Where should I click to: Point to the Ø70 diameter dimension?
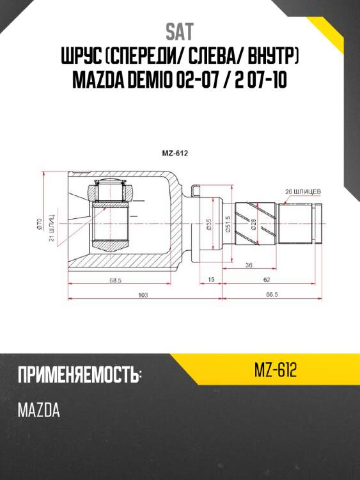40,223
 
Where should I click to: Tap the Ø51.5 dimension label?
228,225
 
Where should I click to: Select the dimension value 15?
211,280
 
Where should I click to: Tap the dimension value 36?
249,265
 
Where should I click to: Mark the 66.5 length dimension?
272,294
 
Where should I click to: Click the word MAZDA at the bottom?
39,410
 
